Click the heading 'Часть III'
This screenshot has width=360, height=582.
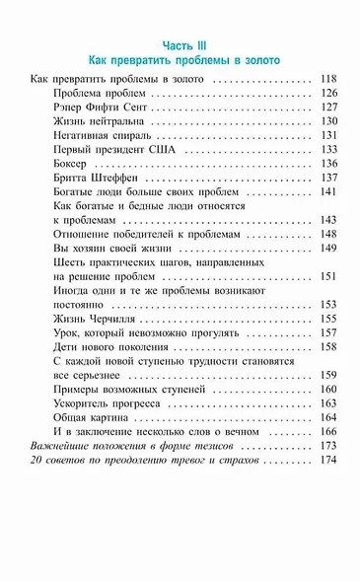pyautogui.click(x=179, y=44)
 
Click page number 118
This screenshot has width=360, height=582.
pyautogui.click(x=328, y=77)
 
